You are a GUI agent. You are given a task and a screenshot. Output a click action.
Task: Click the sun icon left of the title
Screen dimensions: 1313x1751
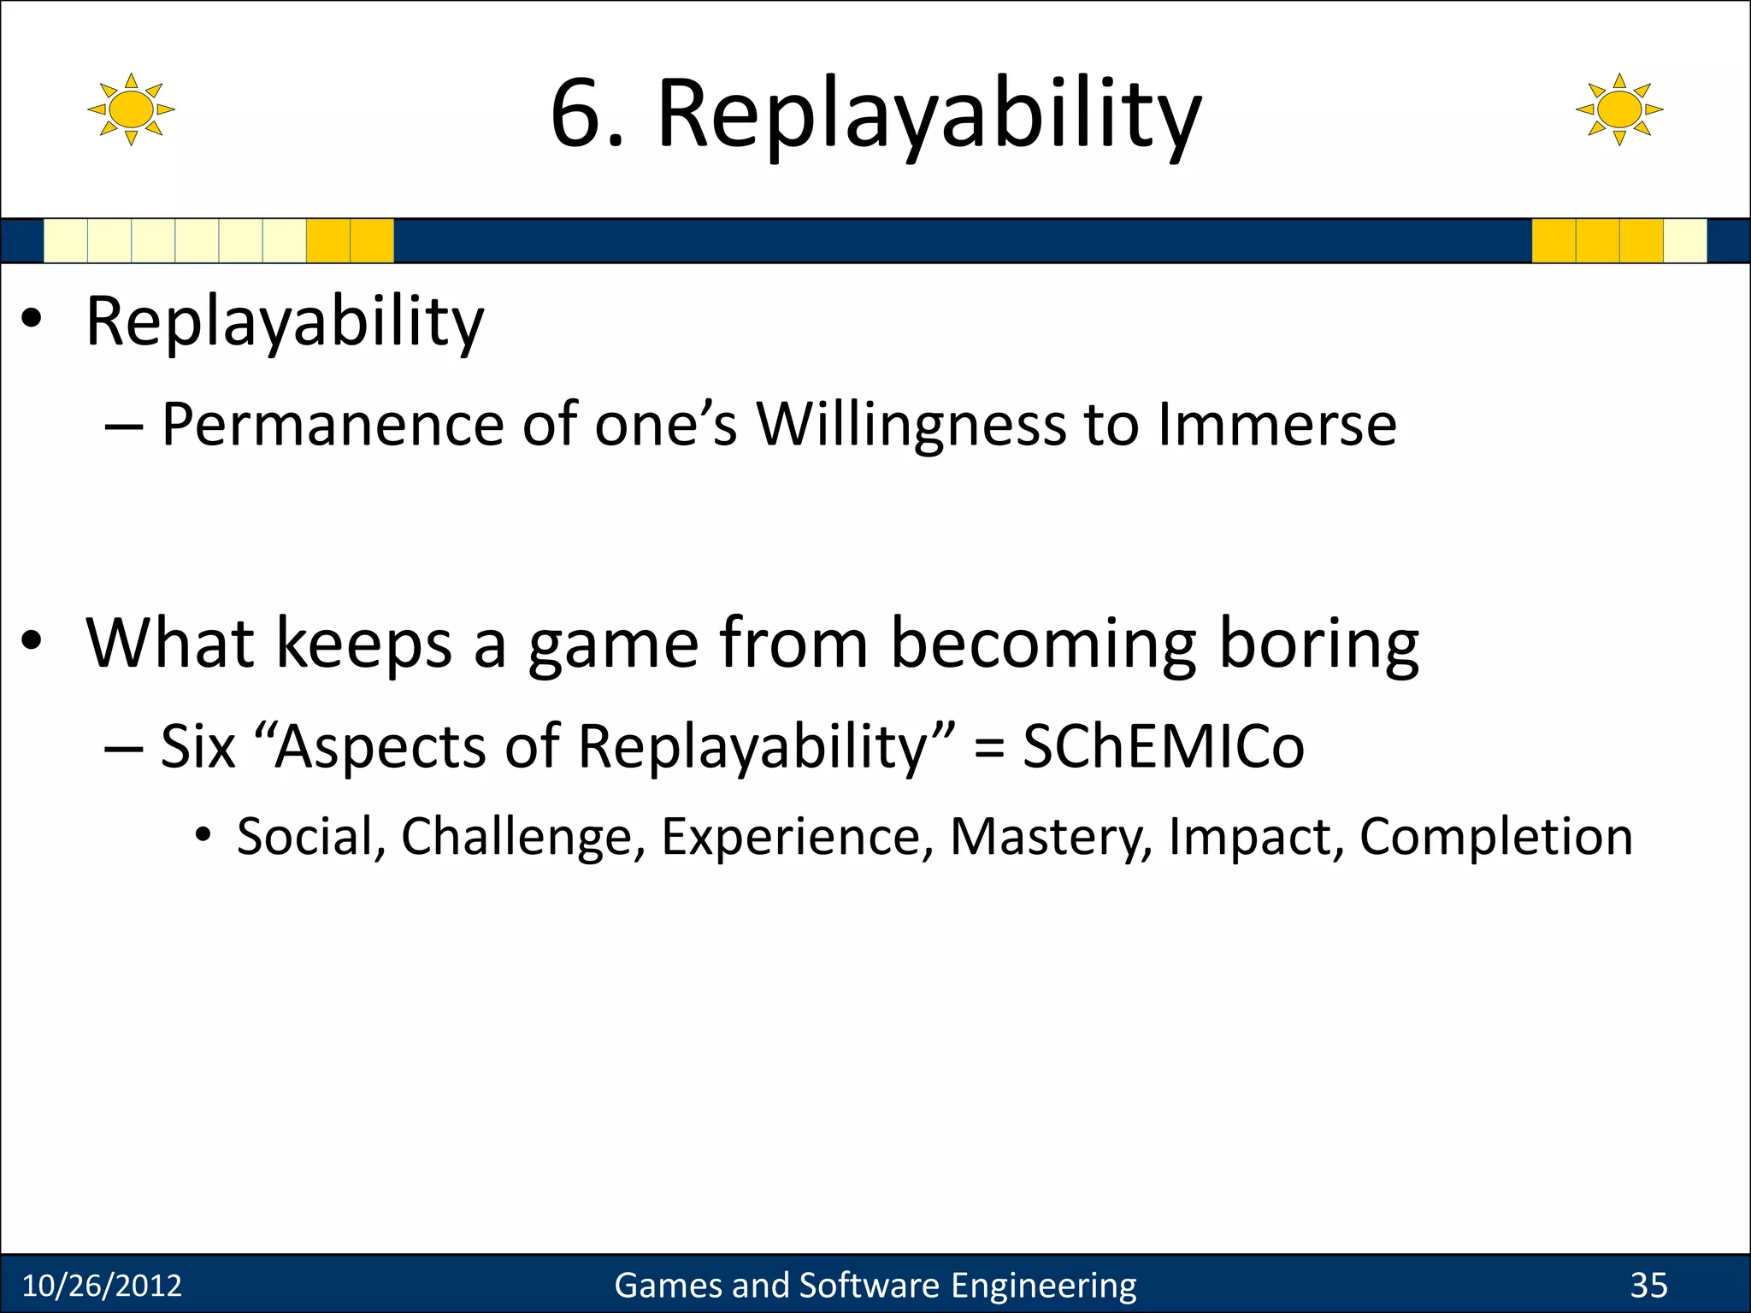click(x=131, y=109)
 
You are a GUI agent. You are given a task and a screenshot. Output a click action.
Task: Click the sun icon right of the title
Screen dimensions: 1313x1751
click(x=1618, y=109)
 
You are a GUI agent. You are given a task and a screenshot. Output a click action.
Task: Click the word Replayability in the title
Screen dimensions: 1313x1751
click(x=929, y=115)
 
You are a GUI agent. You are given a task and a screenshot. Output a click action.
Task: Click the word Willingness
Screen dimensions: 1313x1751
click(x=911, y=425)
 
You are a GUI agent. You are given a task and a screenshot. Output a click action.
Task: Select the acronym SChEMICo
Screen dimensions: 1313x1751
click(x=1164, y=746)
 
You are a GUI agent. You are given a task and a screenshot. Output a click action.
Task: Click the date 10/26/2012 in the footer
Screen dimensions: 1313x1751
click(x=102, y=1286)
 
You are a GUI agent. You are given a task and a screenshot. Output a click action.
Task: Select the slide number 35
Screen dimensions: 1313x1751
click(x=1648, y=1286)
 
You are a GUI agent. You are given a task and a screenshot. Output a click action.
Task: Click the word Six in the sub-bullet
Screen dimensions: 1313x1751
click(x=198, y=746)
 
